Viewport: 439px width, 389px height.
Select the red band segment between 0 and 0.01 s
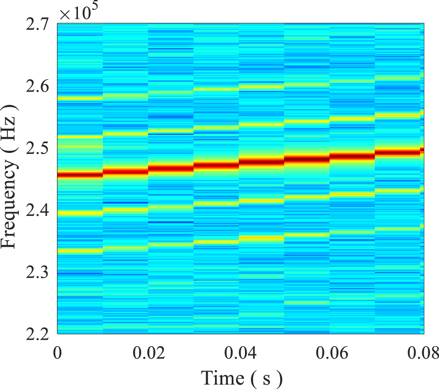click(x=80, y=174)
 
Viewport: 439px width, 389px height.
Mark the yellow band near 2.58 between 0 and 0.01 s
click(x=80, y=98)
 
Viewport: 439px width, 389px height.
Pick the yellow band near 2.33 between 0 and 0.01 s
click(x=80, y=251)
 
